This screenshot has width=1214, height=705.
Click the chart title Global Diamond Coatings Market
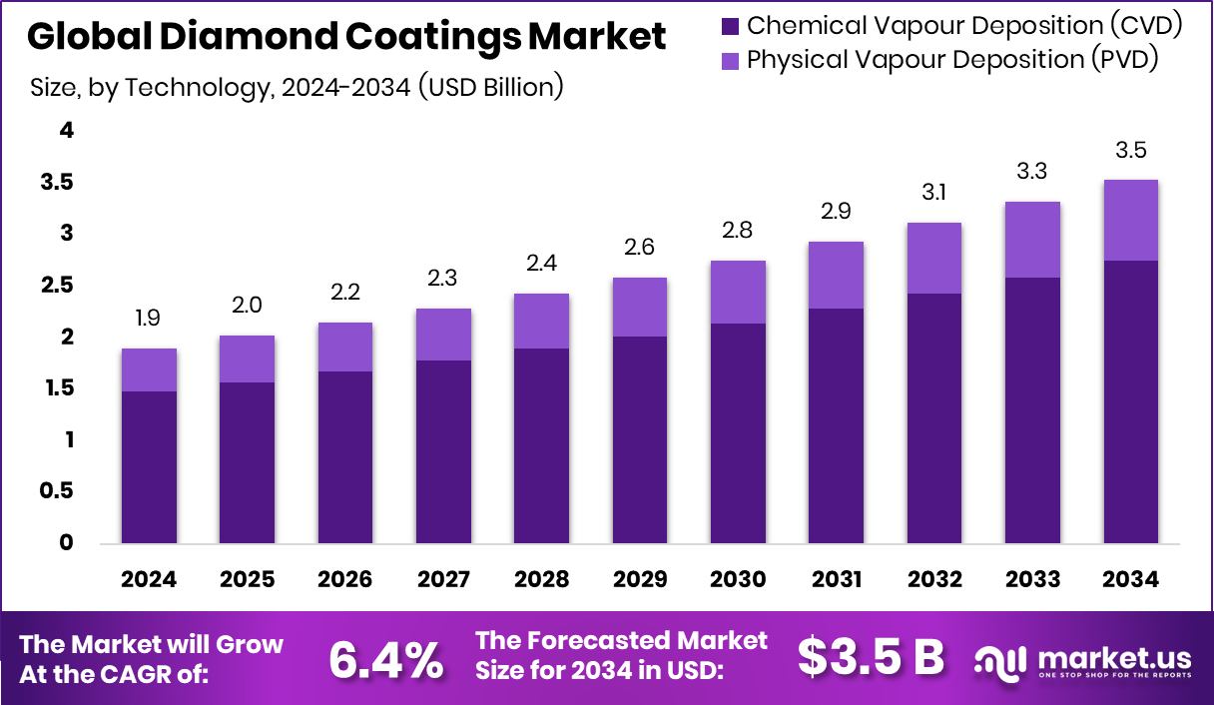tap(346, 37)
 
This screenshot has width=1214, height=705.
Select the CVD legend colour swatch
tap(729, 26)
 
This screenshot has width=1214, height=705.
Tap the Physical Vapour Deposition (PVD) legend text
tap(952, 60)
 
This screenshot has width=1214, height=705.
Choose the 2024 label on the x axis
tap(149, 580)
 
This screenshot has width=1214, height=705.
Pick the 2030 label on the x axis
tap(738, 580)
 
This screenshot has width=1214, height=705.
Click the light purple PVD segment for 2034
tap(1130, 220)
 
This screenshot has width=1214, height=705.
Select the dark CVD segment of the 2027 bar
tap(443, 451)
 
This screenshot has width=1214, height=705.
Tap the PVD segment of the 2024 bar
tap(149, 369)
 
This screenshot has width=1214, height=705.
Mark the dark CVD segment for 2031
tap(836, 425)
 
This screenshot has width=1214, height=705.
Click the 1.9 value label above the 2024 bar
tap(149, 319)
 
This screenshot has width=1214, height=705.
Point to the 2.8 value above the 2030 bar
tap(738, 231)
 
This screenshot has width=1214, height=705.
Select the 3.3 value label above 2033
tap(1032, 172)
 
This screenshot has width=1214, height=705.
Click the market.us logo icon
tap(1000, 660)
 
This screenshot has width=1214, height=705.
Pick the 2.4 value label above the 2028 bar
tap(541, 264)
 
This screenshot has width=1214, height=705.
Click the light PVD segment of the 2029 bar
tap(640, 307)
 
